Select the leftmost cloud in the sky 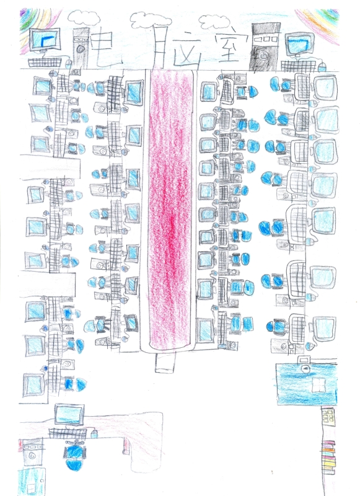(84, 18)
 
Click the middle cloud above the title (149, 20)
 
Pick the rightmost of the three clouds (214, 22)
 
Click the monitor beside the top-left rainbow (44, 39)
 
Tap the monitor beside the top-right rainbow (299, 43)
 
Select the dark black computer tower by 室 (265, 47)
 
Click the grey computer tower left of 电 (81, 48)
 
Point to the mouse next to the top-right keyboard (322, 67)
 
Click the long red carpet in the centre (170, 209)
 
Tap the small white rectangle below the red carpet (165, 363)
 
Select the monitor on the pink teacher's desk (69, 414)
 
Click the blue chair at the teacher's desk (74, 456)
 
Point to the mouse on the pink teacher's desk (94, 433)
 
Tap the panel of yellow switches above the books (328, 417)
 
